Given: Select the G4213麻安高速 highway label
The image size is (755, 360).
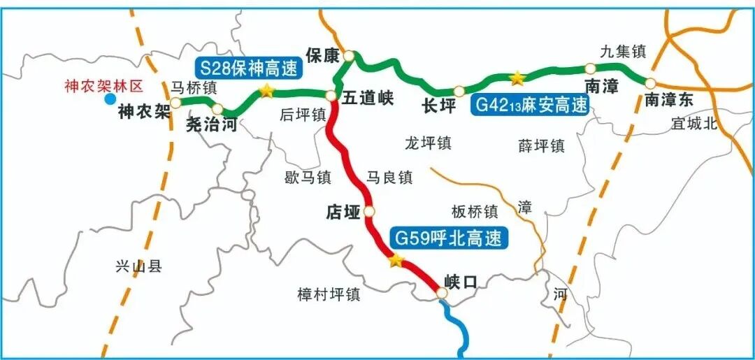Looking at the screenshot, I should click(531, 105).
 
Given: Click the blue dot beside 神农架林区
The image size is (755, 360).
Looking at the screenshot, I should click(110, 99).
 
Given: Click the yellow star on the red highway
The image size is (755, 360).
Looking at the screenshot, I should click(396, 261).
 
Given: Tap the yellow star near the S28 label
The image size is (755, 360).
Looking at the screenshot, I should click(266, 91).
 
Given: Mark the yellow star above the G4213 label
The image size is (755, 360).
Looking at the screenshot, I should click(517, 77).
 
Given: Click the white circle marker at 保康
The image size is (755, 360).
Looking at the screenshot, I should click(349, 55).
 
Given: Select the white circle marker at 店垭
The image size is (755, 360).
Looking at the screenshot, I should click(369, 210).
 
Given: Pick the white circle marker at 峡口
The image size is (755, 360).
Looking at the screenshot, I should click(441, 294).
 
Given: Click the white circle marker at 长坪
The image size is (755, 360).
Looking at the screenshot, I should click(459, 91).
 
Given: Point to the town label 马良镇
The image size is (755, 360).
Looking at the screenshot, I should click(389, 178).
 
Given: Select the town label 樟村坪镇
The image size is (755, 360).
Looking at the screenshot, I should click(328, 294).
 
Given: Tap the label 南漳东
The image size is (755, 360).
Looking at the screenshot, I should click(669, 100).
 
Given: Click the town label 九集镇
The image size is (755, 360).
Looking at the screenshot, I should click(623, 51).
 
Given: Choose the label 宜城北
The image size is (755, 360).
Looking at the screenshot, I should click(694, 124).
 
